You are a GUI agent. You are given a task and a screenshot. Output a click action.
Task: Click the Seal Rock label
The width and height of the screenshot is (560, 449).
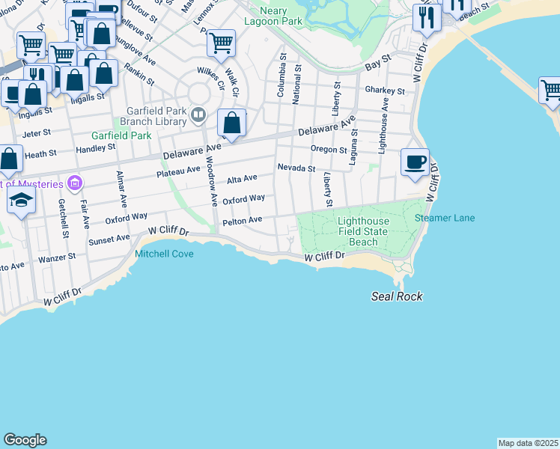pos(397,296)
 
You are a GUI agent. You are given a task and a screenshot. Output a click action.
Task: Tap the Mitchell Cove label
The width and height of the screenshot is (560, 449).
pos(164,254)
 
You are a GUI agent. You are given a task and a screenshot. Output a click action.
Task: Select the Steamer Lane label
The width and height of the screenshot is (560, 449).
pos(445,218)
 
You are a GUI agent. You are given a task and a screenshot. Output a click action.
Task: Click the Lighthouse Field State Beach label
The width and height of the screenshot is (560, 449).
pos(363,231)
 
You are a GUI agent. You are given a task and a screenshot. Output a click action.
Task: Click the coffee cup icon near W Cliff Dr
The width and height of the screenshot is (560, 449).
pos(415,162)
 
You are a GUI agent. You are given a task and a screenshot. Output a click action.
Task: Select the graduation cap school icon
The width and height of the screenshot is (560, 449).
pos(22,200)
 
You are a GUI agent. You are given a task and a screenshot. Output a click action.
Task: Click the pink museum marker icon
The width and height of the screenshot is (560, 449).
pos(73,182)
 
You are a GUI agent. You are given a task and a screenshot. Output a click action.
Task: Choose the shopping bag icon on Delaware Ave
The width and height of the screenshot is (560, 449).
pos(232,123)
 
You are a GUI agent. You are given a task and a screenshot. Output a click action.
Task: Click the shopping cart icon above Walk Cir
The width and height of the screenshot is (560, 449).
pos(221,43)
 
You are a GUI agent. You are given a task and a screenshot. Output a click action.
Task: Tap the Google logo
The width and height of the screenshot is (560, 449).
pos(25,440)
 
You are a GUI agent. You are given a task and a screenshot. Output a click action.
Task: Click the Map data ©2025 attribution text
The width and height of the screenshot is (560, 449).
pos(528,443)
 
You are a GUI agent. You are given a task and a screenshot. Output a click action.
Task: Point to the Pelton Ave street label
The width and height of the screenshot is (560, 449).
pos(242,220)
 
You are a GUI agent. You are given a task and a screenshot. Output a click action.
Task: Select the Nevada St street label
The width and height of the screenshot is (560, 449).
pos(296,168)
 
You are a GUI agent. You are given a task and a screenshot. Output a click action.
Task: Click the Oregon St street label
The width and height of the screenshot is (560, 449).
pos(328,149)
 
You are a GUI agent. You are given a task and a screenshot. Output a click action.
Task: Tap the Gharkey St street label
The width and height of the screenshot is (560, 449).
pos(385,91)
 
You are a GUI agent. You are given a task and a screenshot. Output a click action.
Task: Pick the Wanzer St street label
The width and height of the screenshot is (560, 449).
pos(58,256)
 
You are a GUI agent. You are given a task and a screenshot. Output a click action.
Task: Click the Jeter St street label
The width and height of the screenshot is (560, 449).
pos(37,132)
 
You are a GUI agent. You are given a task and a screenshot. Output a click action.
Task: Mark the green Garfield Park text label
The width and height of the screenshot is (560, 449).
pos(121,135)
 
